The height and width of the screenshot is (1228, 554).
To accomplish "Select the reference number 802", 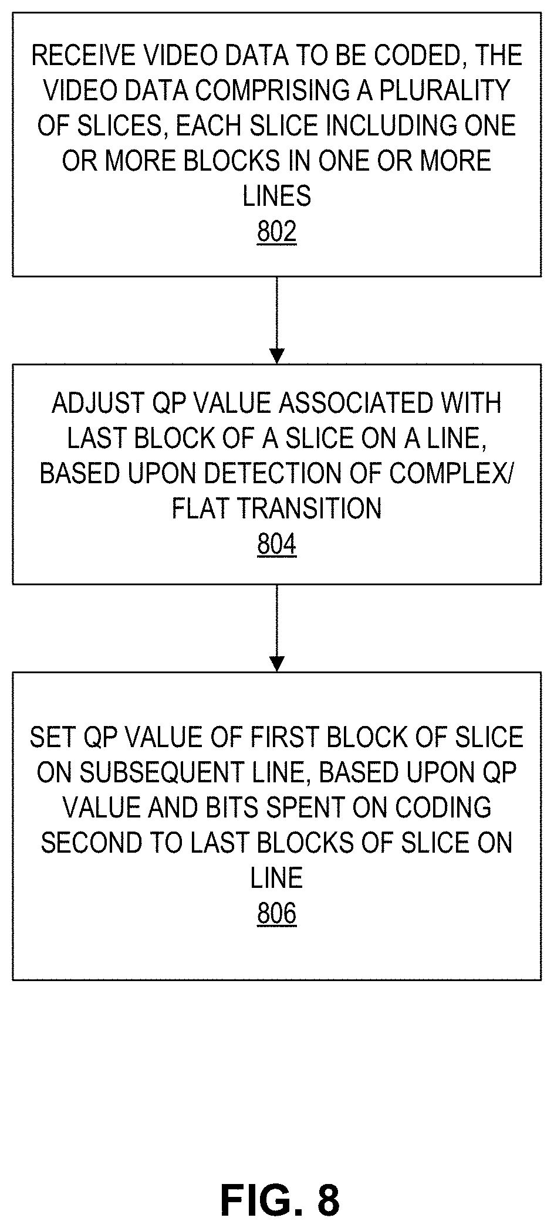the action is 276,232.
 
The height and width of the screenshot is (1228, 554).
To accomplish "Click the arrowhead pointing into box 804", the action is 276,356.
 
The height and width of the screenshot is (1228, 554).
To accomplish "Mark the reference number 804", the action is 276,545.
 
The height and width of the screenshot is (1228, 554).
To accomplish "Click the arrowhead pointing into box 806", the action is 276,663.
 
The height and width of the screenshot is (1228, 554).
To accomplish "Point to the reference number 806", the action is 276,914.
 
